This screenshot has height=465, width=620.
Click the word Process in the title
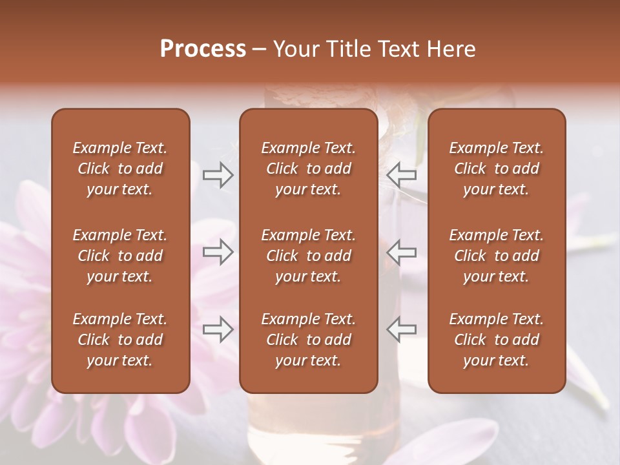click(x=203, y=49)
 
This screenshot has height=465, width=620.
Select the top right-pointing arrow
click(x=218, y=175)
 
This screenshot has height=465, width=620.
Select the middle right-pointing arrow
click(x=218, y=252)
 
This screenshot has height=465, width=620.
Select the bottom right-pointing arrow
click(x=218, y=329)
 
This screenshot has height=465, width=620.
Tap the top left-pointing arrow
click(x=401, y=175)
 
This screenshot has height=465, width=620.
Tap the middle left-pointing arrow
click(x=401, y=252)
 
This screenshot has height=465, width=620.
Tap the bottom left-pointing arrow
click(x=401, y=329)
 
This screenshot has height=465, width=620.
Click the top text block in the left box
click(x=120, y=169)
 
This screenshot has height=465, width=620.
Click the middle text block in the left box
click(x=120, y=256)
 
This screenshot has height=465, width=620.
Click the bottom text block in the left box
click(x=120, y=340)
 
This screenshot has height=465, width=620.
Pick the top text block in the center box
click(x=308, y=169)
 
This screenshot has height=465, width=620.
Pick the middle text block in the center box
click(x=308, y=256)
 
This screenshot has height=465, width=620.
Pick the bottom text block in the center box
click(x=308, y=340)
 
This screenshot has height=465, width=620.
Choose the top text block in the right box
click(x=496, y=169)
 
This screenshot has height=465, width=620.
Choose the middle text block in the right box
click(x=496, y=256)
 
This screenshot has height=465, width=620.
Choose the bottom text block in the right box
click(x=496, y=340)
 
